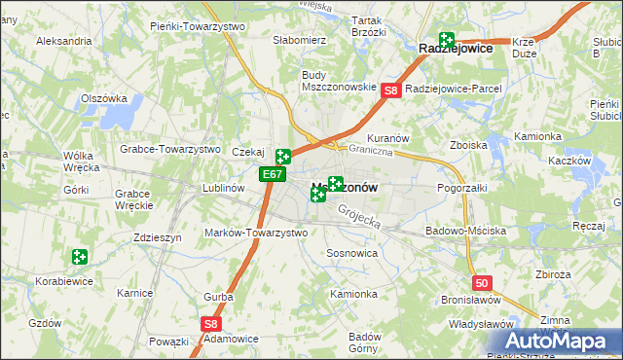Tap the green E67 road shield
273,175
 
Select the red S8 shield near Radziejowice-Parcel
390,90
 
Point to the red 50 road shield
484,282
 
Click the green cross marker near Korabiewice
80,258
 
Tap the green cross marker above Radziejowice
447,40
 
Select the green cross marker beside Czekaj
283,156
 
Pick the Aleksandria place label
63,42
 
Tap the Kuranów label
386,139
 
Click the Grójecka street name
359,217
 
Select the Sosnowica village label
351,252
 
